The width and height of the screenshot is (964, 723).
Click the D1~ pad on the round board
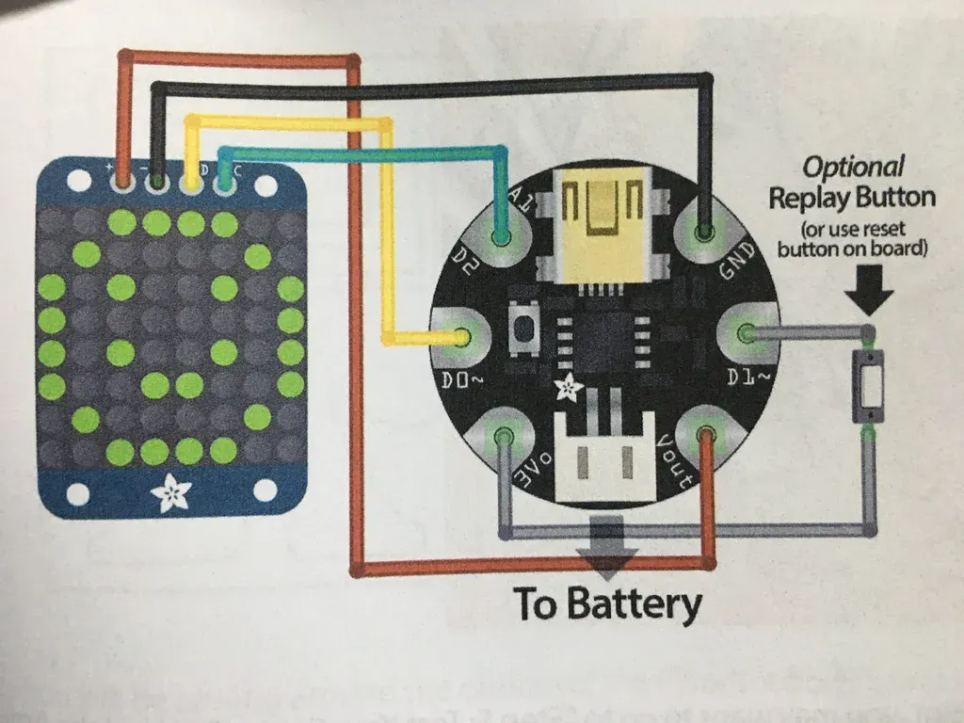tap(746, 334)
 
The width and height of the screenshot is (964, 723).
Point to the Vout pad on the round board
tap(705, 436)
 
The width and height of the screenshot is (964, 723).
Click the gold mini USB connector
tap(602, 223)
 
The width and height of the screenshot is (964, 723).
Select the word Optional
tap(852, 169)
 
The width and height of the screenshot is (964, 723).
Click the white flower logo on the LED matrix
tap(172, 492)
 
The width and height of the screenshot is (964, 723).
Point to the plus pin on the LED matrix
tap(122, 180)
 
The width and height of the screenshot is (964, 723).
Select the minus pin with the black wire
tap(157, 180)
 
